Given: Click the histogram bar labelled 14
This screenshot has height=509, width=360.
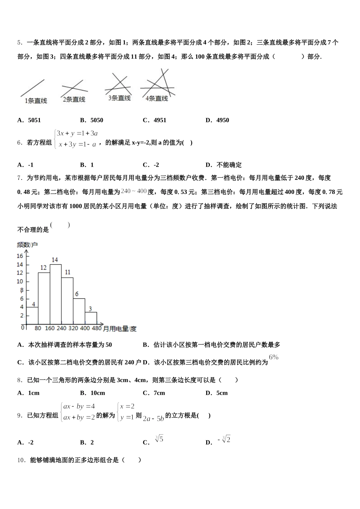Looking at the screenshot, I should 56,294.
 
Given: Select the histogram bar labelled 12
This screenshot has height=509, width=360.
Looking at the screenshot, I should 44,298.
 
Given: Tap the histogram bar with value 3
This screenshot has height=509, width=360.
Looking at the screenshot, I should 91,318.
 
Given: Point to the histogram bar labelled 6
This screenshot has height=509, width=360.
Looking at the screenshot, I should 79,311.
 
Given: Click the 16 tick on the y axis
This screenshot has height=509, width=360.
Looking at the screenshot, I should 20,256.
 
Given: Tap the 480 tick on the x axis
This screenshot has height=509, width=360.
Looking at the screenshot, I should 97,328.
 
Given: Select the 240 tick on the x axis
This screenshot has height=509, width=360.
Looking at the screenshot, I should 61,328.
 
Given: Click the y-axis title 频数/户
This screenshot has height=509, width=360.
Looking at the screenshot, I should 27,245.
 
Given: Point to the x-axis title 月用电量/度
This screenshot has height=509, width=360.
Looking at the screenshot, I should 120,329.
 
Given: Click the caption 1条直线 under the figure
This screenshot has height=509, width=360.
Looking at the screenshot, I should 36,101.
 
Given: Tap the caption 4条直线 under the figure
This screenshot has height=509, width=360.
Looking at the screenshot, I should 157,98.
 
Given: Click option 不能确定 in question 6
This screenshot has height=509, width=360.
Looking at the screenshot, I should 229,165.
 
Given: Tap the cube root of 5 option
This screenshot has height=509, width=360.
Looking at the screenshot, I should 159,439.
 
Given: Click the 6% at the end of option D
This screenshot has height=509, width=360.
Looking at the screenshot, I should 274,357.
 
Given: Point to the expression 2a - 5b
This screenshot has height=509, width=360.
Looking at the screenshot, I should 153,418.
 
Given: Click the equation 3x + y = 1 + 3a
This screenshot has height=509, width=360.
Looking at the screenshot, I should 77,133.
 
